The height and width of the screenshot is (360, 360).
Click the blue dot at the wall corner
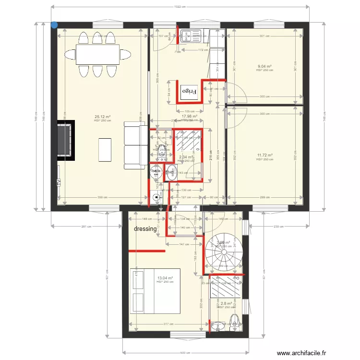(54, 25)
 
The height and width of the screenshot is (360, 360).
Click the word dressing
(145, 229)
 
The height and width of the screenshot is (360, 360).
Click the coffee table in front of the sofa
(105, 149)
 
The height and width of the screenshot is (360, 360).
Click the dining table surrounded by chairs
(97, 54)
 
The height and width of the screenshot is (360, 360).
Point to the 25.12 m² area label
(103, 117)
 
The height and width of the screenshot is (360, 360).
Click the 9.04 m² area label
(264, 67)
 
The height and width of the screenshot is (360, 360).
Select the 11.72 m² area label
(264, 155)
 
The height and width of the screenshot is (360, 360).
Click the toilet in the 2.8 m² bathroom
(235, 320)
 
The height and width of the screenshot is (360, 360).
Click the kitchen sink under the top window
(196, 36)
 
